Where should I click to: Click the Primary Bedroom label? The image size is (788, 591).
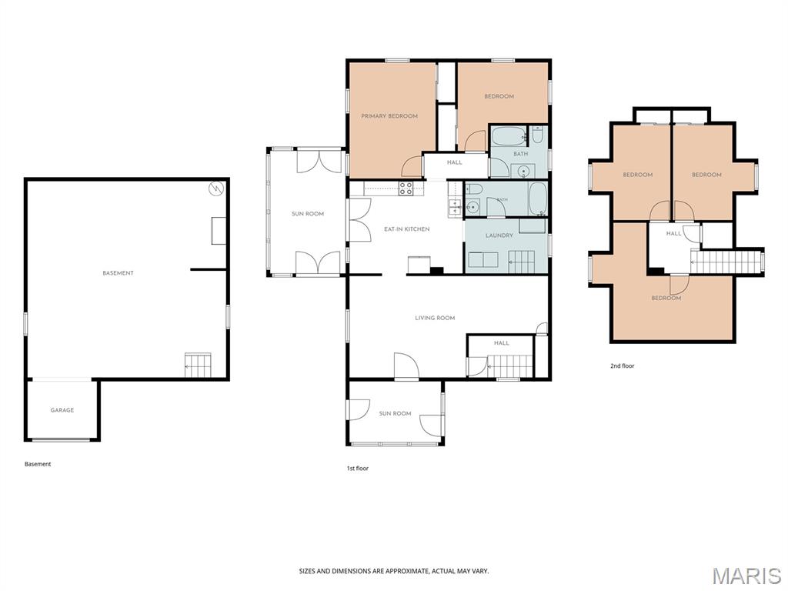click(389, 116)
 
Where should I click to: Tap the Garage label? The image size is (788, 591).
click(62, 410)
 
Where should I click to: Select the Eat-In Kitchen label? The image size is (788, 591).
click(406, 229)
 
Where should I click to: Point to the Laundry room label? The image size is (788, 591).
click(499, 235)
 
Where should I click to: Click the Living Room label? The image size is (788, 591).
click(435, 318)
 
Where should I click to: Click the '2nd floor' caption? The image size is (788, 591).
click(622, 366)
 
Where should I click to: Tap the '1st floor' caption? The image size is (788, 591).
click(357, 469)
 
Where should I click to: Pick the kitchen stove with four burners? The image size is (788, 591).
click(406, 189)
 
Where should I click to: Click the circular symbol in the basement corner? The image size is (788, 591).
click(216, 189)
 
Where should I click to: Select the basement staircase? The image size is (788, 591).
click(198, 366)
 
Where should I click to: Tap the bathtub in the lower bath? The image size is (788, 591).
click(537, 199)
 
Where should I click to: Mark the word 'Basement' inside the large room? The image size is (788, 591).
click(118, 273)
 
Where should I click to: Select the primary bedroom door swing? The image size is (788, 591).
click(412, 167)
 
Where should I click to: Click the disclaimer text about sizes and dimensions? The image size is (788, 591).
click(394, 571)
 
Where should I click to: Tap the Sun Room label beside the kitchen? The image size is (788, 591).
click(308, 214)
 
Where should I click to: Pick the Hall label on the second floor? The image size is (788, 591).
click(673, 233)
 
